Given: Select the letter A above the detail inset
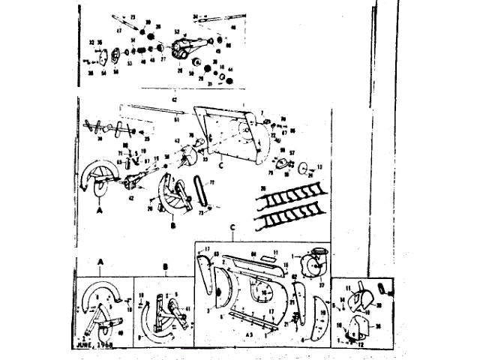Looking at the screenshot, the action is [100, 261].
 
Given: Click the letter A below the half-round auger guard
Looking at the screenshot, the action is [99, 212].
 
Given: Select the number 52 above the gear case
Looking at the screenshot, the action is [176, 31].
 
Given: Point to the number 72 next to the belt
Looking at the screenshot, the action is [211, 183].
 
